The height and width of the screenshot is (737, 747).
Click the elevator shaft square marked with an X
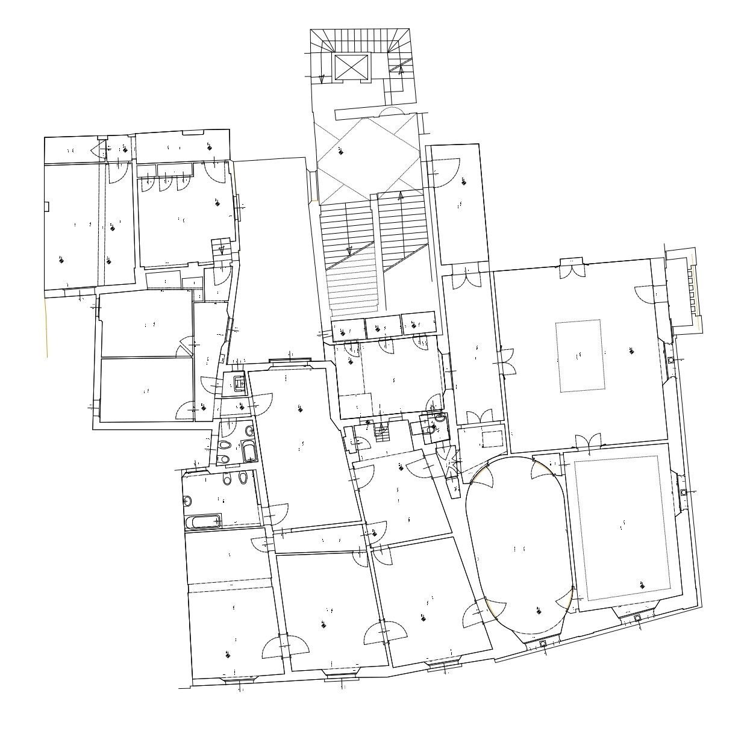pyautogui.click(x=351, y=67)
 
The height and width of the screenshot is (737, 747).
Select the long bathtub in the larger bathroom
pyautogui.click(x=204, y=521)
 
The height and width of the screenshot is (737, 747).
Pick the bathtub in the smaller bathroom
pyautogui.click(x=249, y=450)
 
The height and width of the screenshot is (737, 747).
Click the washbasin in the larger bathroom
pyautogui.click(x=188, y=501)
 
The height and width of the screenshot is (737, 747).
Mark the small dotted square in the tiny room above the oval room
pyautogui.click(x=492, y=438)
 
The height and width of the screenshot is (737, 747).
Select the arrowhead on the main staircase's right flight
pyautogui.click(x=401, y=196)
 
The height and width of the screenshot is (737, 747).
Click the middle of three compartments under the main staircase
pyautogui.click(x=383, y=327)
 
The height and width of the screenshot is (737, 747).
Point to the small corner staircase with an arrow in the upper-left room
pyautogui.click(x=221, y=247)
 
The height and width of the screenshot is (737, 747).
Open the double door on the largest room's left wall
pyautogui.click(x=504, y=361)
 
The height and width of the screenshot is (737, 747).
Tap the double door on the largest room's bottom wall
pyautogui.click(x=589, y=443)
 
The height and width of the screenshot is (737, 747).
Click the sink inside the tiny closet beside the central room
pyautogui.click(x=239, y=382)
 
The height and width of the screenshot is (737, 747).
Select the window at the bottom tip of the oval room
pyautogui.click(x=543, y=644)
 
